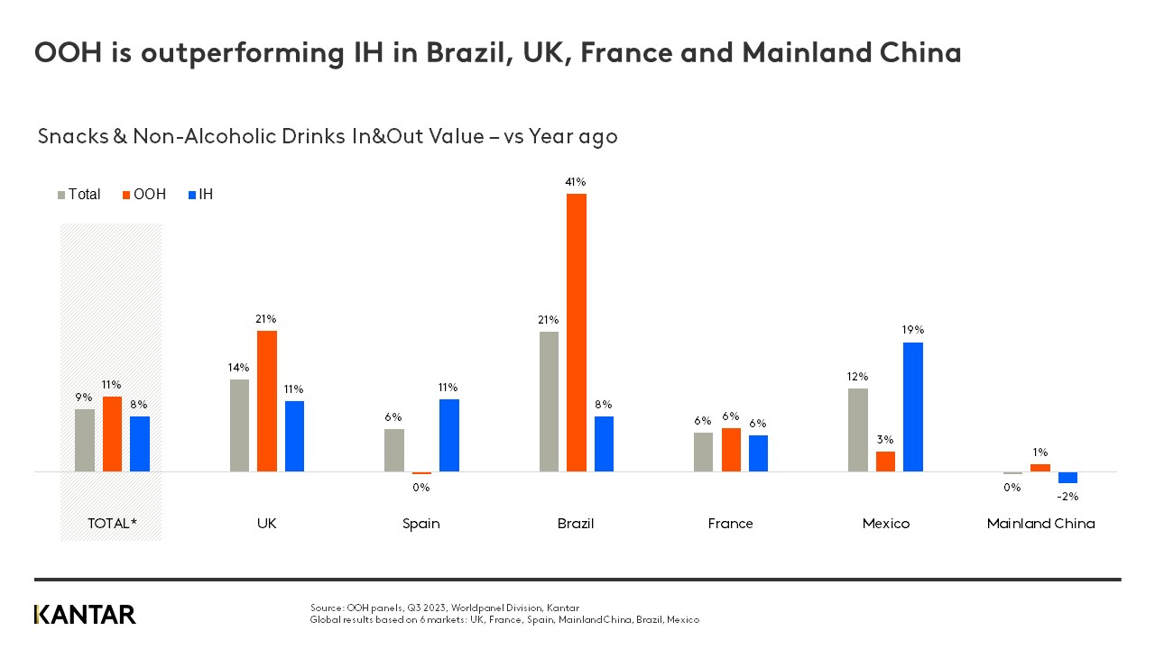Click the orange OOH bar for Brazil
pos(576,333)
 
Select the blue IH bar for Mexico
pos(912,407)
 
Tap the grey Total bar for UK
pos(239,425)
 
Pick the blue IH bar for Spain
pos(449,435)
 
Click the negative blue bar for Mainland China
pos(1067,478)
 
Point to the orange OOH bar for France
pos(731,450)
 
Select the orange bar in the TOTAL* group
pos(112,434)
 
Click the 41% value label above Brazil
pos(576,182)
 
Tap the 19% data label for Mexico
pos(912,330)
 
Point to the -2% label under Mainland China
pos(1067,496)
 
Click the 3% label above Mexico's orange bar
pos(885,439)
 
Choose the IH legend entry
pos(200,195)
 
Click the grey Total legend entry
pos(79,195)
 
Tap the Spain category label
pos(421,524)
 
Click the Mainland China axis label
pos(1040,524)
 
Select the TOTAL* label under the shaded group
pos(111,524)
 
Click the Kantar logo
pos(85,615)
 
